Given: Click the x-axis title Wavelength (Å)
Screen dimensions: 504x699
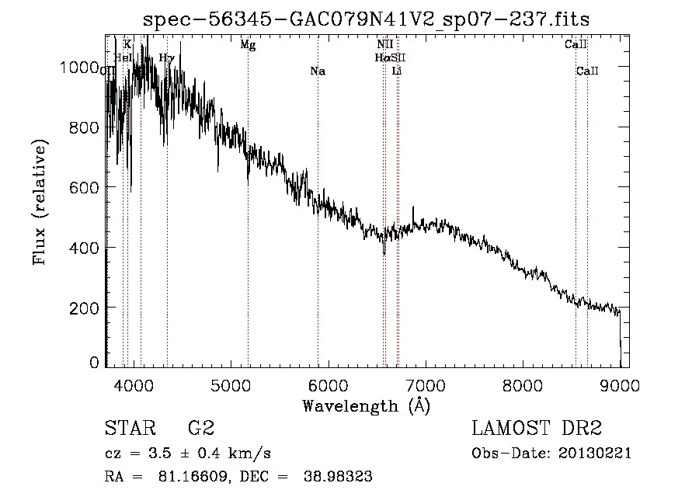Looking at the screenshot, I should [366, 405].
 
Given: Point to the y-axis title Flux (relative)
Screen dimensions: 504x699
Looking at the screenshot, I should [40, 202].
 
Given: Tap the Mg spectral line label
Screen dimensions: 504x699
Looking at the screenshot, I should [248, 45].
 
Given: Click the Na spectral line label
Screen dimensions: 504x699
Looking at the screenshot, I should [317, 71].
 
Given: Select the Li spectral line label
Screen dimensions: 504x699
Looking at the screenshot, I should [397, 71].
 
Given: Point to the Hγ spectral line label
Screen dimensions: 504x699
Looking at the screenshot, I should [166, 57].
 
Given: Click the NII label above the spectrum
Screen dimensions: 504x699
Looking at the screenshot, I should [384, 45].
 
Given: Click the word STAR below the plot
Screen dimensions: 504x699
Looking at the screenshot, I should [127, 429].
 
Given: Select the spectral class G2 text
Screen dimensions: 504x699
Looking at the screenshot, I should [201, 429].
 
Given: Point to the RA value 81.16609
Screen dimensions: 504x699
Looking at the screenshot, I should [197, 477].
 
